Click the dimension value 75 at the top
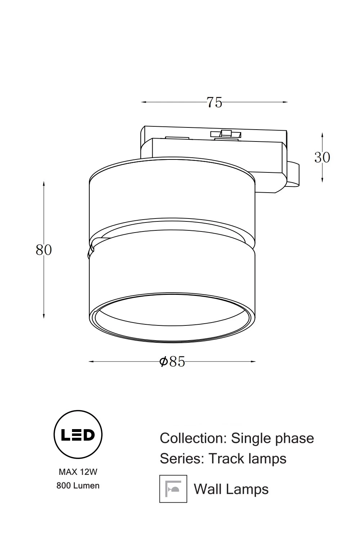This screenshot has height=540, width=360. (214, 102)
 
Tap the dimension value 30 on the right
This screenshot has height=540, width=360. (322, 157)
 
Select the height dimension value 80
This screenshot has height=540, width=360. (44, 250)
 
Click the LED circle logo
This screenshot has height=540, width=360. (78, 435)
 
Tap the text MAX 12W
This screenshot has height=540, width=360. (78, 472)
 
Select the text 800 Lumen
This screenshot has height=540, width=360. (78, 486)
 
